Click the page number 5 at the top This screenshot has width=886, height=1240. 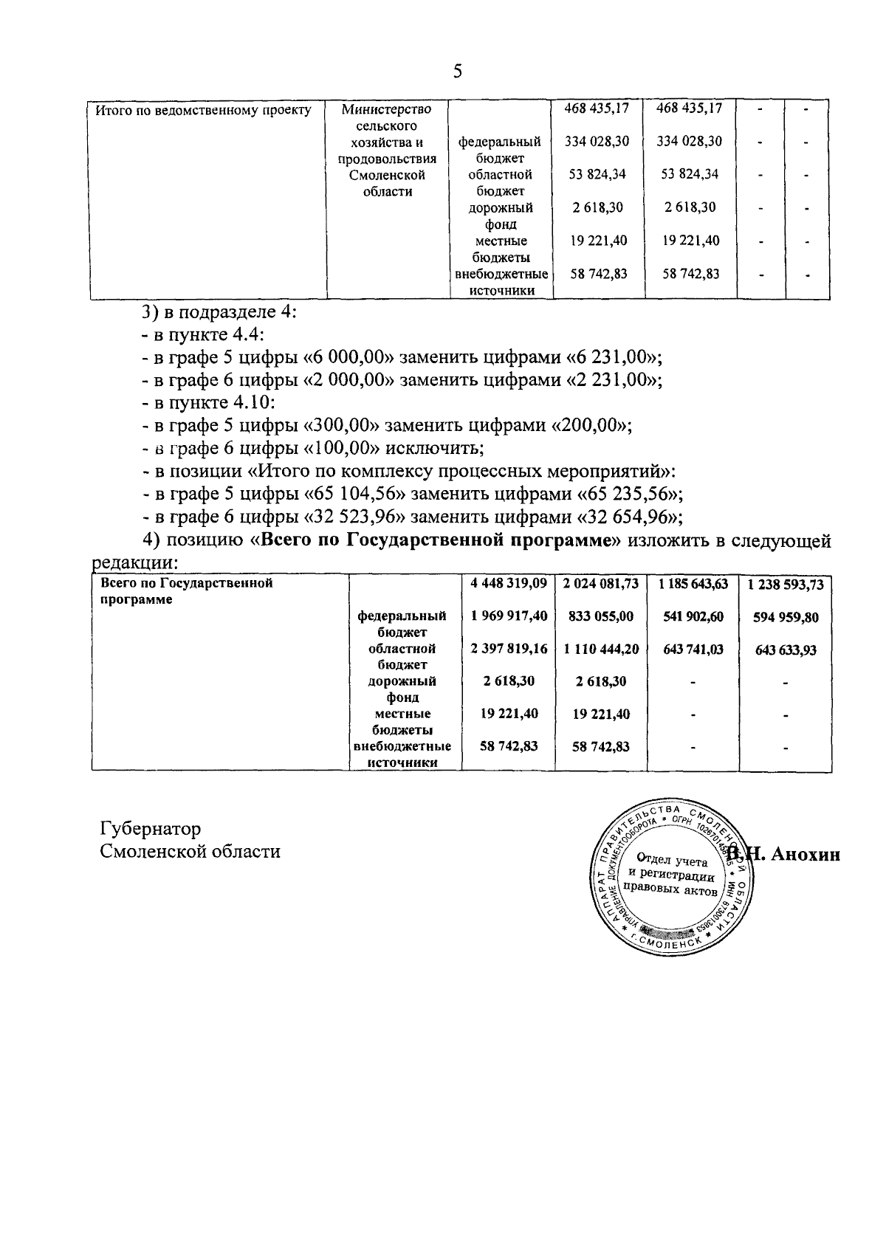[x=457, y=71]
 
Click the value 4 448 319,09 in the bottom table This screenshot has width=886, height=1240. [x=508, y=584]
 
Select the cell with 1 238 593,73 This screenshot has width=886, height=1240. [x=785, y=585]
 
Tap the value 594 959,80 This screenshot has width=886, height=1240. [x=785, y=618]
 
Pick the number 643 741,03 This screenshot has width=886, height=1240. [x=693, y=650]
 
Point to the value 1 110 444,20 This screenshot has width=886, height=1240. [x=600, y=650]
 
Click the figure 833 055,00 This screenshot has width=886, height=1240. [x=600, y=617]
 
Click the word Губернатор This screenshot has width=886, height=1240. [x=150, y=829]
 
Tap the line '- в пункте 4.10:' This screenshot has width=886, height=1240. [x=209, y=402]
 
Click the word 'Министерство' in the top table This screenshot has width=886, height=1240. [x=386, y=109]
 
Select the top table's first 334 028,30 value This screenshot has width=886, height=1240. [x=597, y=141]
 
